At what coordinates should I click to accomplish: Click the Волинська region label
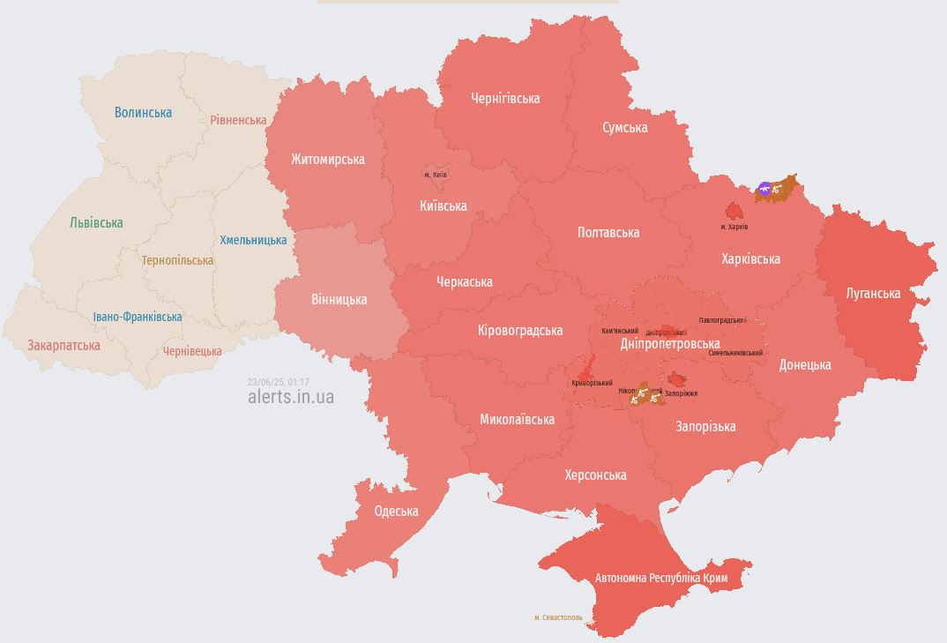[x=143, y=113]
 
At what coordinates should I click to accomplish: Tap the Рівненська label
[x=238, y=120]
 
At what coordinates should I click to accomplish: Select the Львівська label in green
[x=96, y=223]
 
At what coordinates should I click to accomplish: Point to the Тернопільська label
[x=177, y=261]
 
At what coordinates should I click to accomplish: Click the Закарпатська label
[x=63, y=346]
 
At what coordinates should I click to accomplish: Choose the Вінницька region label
[x=339, y=300]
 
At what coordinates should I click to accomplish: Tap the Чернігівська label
[x=505, y=99]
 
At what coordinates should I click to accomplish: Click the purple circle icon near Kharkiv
[x=764, y=188]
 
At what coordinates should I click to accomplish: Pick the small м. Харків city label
[x=734, y=228]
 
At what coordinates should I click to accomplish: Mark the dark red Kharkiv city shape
[x=734, y=212]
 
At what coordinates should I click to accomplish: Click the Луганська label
[x=873, y=294]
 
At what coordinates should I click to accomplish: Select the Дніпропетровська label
[x=670, y=344]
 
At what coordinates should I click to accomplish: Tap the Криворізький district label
[x=592, y=383]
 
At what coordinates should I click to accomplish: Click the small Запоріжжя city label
[x=681, y=393]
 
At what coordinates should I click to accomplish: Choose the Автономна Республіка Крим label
[x=661, y=579]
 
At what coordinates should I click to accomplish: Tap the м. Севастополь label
[x=558, y=617]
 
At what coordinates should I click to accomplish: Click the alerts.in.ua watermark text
[x=291, y=397]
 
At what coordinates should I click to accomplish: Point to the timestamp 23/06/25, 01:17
[x=278, y=382]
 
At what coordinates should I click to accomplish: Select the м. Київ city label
[x=436, y=175]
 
